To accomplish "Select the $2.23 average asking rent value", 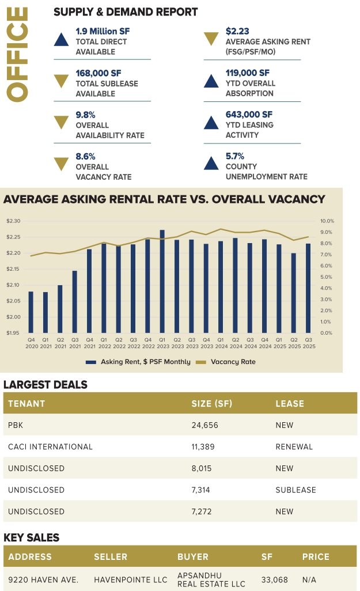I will pyautogui.click(x=237, y=31).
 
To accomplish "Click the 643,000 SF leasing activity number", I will pyautogui.click(x=249, y=115).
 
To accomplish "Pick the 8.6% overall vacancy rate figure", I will pyautogui.click(x=86, y=156).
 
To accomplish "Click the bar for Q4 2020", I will pyautogui.click(x=31, y=312).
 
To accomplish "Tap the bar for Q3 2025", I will pyautogui.click(x=308, y=288).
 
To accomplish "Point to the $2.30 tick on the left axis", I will pyautogui.click(x=13, y=221).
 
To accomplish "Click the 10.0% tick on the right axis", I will pyautogui.click(x=327, y=221).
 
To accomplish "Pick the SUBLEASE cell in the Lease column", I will pyautogui.click(x=295, y=490).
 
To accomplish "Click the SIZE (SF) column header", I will pyautogui.click(x=211, y=403).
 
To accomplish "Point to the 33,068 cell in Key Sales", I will pyautogui.click(x=273, y=579).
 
